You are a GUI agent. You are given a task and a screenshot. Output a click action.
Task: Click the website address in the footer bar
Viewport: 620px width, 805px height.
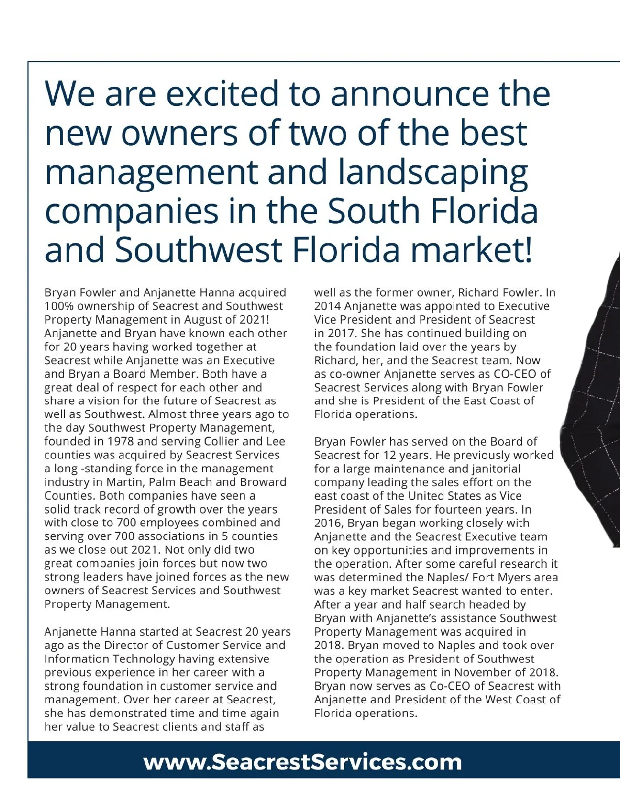302,762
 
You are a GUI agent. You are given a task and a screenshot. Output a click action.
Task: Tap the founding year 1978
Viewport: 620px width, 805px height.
120,442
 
